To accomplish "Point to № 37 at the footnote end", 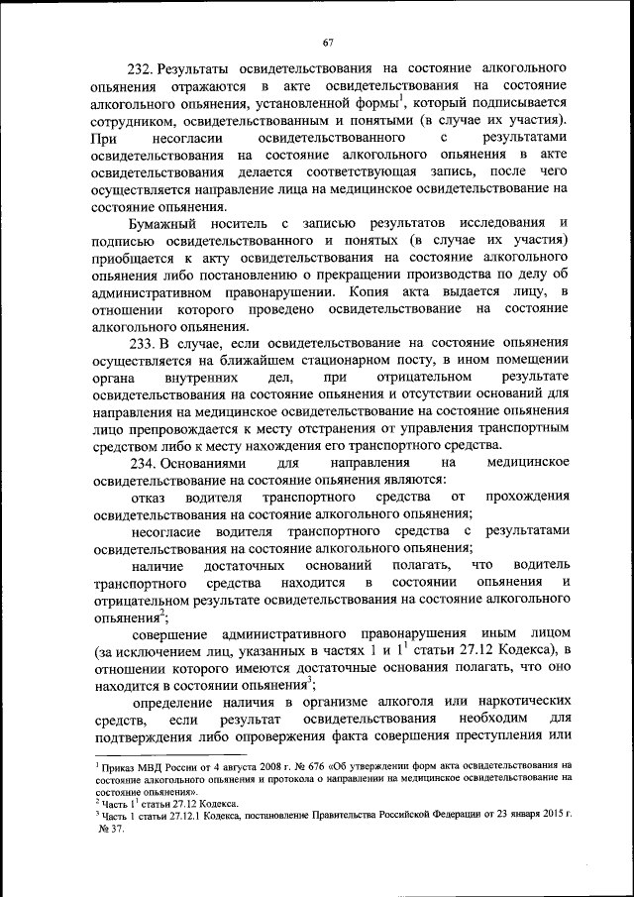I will (x=108, y=828).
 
